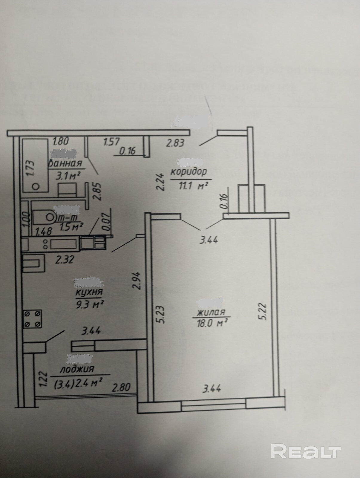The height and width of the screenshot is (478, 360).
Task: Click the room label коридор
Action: click(x=189, y=172)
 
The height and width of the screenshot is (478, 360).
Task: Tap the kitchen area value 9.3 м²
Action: click(x=90, y=304)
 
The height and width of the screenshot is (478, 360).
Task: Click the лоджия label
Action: click(x=77, y=369)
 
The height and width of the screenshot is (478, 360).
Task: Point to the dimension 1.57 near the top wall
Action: click(x=111, y=141)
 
